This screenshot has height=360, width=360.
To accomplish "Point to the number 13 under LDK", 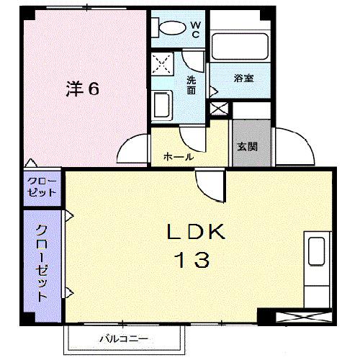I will (x=192, y=259).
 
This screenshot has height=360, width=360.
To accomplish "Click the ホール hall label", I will (x=177, y=156).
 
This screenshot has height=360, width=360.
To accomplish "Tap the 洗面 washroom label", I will (x=192, y=85).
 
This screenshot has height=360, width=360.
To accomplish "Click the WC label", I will (x=196, y=30).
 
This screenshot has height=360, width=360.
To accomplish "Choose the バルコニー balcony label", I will (x=123, y=338).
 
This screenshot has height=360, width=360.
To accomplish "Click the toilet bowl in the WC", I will (x=170, y=27).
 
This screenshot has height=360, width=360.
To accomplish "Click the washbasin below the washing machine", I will (x=162, y=106).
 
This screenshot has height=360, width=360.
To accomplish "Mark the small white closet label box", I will (x=42, y=186).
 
